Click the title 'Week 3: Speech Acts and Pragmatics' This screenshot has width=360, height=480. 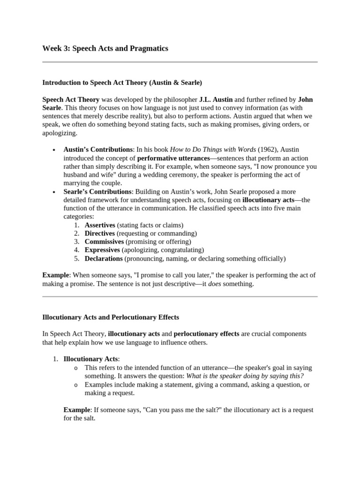[x=105, y=49]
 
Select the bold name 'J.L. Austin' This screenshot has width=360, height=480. [x=216, y=99]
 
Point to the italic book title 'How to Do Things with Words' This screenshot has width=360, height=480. [x=213, y=150]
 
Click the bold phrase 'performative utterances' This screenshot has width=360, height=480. [x=173, y=158]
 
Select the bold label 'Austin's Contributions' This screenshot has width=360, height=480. [x=98, y=150]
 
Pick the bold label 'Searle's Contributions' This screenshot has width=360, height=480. [x=97, y=192]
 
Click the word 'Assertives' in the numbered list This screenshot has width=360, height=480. [x=100, y=225]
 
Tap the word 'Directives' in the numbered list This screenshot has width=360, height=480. [x=99, y=233]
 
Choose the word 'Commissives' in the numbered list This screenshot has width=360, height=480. [x=104, y=242]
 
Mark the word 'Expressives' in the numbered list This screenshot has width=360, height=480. [x=102, y=250]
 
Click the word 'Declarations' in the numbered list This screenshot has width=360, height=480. [x=104, y=258]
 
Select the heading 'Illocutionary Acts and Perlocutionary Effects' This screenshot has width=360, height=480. [x=111, y=317]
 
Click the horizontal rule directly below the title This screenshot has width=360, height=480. [x=180, y=62]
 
